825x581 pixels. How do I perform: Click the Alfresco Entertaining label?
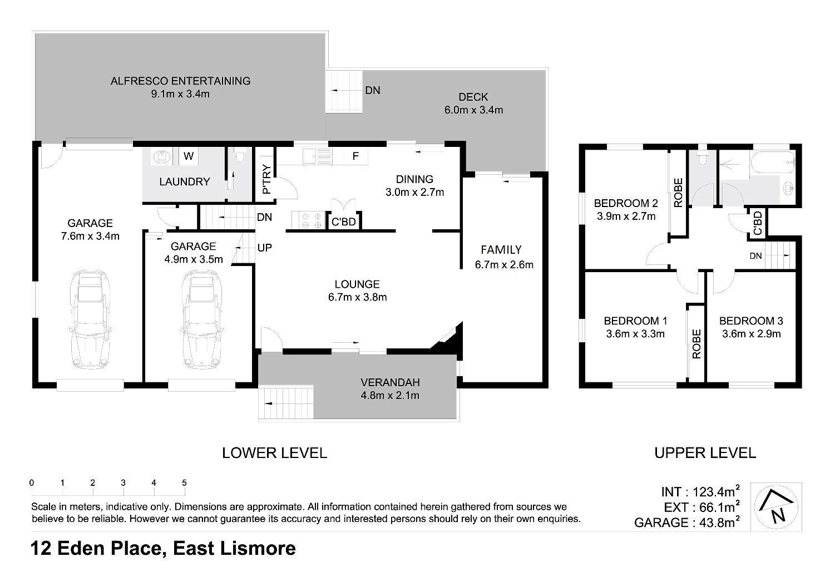click(180, 81)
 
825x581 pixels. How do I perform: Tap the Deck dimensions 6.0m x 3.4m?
click(473, 110)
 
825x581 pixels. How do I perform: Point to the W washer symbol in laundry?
click(189, 156)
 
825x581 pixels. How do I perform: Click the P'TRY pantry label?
click(266, 179)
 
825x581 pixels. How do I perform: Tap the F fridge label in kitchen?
click(355, 156)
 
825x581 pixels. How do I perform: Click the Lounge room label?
click(357, 284)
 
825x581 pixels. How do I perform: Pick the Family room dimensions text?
click(504, 265)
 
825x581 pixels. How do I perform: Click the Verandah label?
click(390, 382)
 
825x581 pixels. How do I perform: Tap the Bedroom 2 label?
click(626, 203)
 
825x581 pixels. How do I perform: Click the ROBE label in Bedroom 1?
click(696, 343)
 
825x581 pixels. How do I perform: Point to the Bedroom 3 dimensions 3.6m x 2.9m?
click(751, 334)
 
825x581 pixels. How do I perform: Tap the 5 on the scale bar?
click(184, 483)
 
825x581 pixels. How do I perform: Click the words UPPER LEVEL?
click(705, 453)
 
